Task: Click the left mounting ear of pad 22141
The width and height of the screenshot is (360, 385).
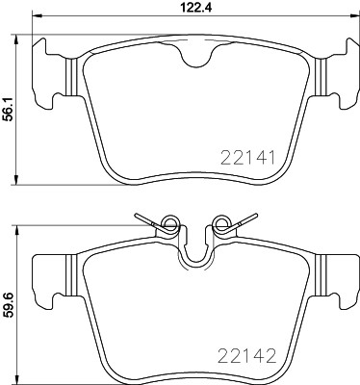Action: (x=50, y=72)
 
